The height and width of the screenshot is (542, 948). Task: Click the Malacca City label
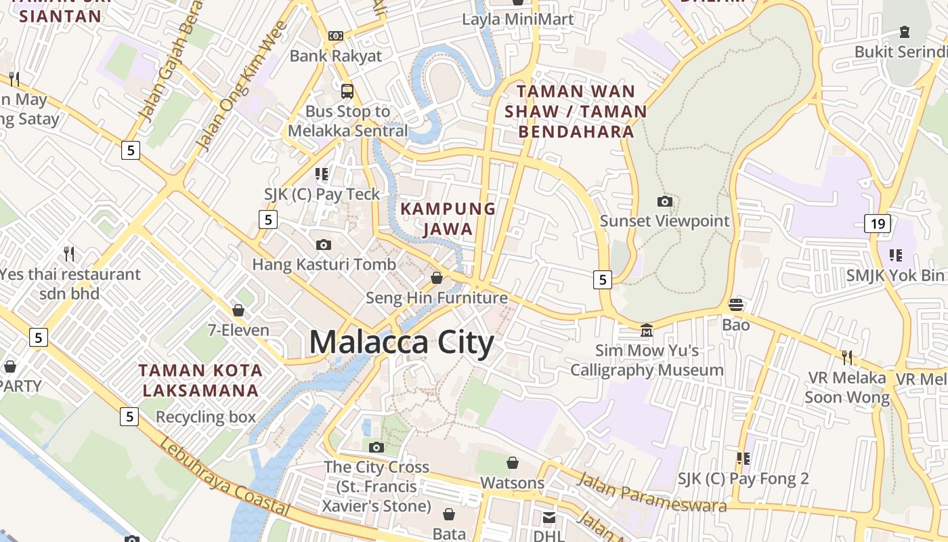(x=402, y=342)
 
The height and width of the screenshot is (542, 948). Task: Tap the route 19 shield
(x=878, y=224)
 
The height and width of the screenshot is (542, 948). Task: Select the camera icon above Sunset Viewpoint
(x=665, y=201)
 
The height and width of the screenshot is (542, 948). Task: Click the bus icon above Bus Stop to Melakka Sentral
(x=347, y=91)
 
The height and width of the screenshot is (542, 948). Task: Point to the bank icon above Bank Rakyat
(x=336, y=35)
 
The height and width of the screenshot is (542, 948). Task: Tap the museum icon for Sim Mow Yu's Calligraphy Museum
(x=647, y=331)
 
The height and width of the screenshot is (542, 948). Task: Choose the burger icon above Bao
(x=736, y=305)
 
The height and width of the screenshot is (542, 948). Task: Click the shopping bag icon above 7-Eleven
(x=238, y=310)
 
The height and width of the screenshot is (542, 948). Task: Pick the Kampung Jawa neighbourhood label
(x=448, y=218)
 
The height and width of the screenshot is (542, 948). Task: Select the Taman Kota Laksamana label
(x=200, y=380)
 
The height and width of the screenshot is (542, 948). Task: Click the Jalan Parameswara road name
(x=651, y=493)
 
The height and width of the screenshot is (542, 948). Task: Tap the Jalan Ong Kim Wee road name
(x=242, y=88)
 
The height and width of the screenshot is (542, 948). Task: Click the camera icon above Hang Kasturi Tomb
(x=324, y=245)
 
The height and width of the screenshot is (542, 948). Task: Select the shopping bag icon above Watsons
(x=513, y=463)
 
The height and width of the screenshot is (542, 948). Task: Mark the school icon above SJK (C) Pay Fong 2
(x=744, y=459)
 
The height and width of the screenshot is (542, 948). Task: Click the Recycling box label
(x=206, y=417)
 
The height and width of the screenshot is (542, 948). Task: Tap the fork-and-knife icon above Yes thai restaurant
(x=69, y=254)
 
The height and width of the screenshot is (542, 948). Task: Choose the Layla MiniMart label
(x=518, y=19)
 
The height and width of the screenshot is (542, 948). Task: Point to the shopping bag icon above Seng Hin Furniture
(x=437, y=278)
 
